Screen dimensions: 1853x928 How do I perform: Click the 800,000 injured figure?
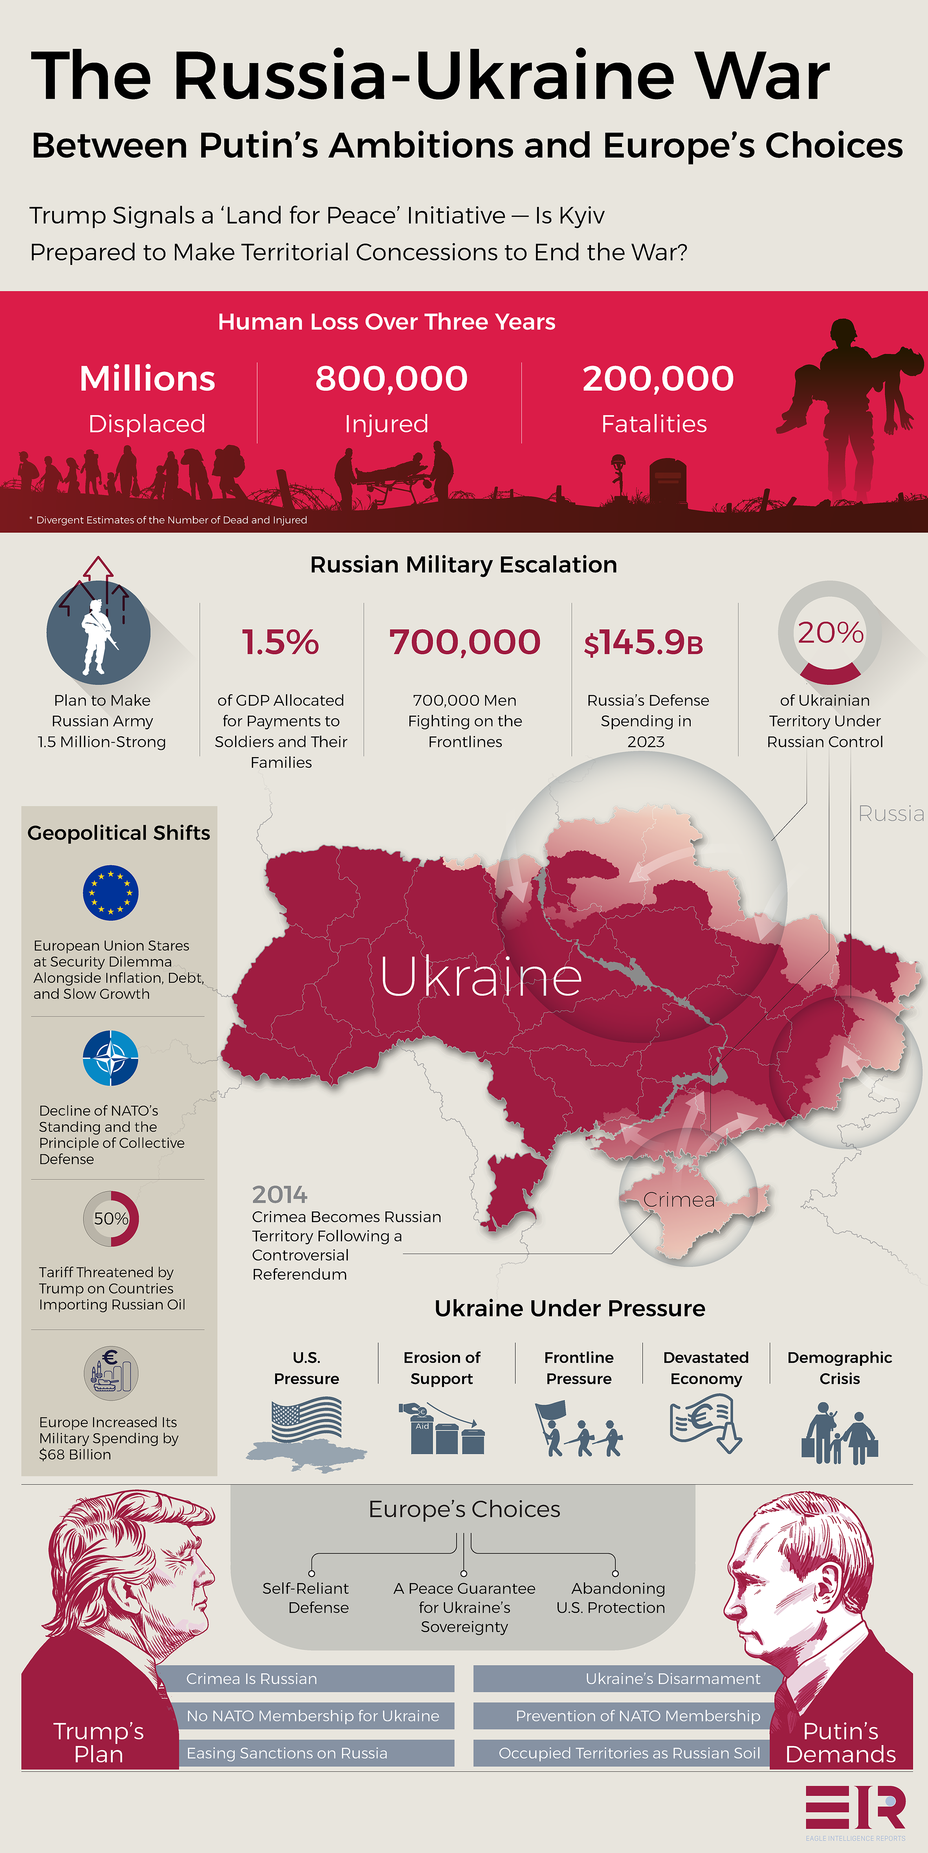tap(391, 378)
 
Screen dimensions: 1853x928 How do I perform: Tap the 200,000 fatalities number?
tap(658, 378)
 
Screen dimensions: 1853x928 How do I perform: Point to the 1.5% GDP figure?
tap(281, 642)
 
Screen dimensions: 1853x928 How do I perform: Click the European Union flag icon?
tap(111, 893)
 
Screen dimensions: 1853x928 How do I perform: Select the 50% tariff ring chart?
tap(111, 1218)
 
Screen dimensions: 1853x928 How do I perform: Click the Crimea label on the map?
tap(679, 1200)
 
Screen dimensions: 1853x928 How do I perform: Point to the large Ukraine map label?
tap(481, 977)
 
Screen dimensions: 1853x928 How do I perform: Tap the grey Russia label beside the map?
tap(891, 814)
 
